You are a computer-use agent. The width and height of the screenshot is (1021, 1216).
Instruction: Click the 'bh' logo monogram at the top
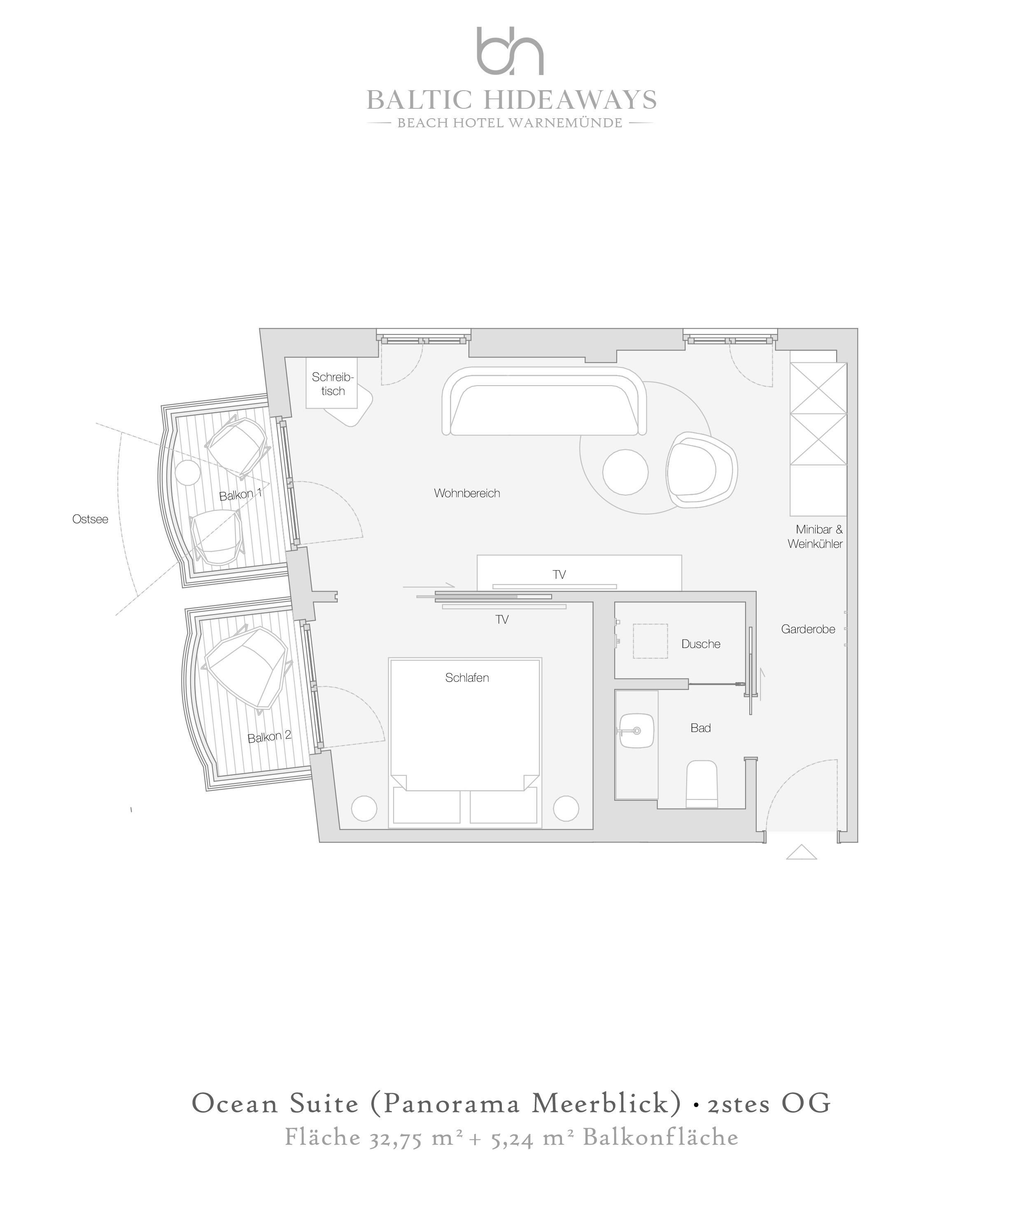(510, 51)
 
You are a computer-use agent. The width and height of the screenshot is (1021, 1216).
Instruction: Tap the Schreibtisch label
(333, 384)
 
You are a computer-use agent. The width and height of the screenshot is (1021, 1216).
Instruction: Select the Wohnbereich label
(467, 493)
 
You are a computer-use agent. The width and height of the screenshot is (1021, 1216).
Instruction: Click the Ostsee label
(90, 519)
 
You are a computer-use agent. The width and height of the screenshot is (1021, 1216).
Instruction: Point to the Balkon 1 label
(241, 494)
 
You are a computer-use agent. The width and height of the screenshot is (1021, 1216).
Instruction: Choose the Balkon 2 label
(269, 737)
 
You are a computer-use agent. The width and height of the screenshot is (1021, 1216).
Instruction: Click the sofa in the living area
(544, 401)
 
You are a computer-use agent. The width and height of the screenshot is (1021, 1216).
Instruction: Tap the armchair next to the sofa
(702, 470)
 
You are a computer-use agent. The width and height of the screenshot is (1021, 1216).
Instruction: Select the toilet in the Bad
(702, 783)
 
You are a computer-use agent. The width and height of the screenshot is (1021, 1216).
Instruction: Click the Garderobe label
(808, 629)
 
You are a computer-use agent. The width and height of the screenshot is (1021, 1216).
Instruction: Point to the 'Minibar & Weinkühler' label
(816, 536)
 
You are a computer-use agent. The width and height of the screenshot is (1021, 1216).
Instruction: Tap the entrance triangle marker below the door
(802, 852)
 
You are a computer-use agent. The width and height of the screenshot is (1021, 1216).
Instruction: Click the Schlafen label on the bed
(467, 678)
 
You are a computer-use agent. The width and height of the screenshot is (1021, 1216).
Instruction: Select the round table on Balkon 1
(188, 473)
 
